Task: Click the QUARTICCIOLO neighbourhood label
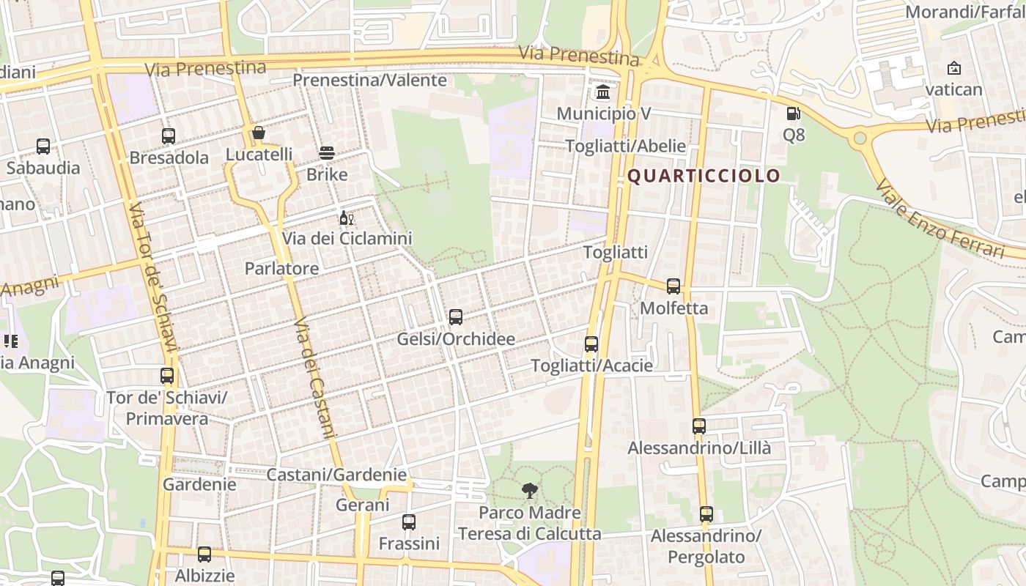click(x=704, y=176)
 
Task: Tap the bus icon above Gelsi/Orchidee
click(x=456, y=317)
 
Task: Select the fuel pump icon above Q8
click(x=793, y=114)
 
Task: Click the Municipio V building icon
click(x=603, y=92)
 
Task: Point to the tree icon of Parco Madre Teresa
click(x=529, y=491)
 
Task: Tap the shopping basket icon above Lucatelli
click(x=259, y=133)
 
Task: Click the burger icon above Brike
click(x=327, y=153)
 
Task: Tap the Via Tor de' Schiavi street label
click(x=153, y=278)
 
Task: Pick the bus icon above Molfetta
click(x=673, y=286)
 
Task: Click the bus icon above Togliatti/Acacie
click(x=591, y=344)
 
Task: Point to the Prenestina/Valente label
click(x=370, y=80)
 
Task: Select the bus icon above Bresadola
click(x=169, y=136)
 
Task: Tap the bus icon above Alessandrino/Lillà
click(x=699, y=426)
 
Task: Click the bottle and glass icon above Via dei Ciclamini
click(x=347, y=218)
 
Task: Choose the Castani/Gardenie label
click(x=336, y=475)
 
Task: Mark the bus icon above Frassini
click(x=409, y=522)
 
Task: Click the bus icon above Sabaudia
click(x=43, y=146)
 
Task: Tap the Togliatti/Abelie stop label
click(x=626, y=146)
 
